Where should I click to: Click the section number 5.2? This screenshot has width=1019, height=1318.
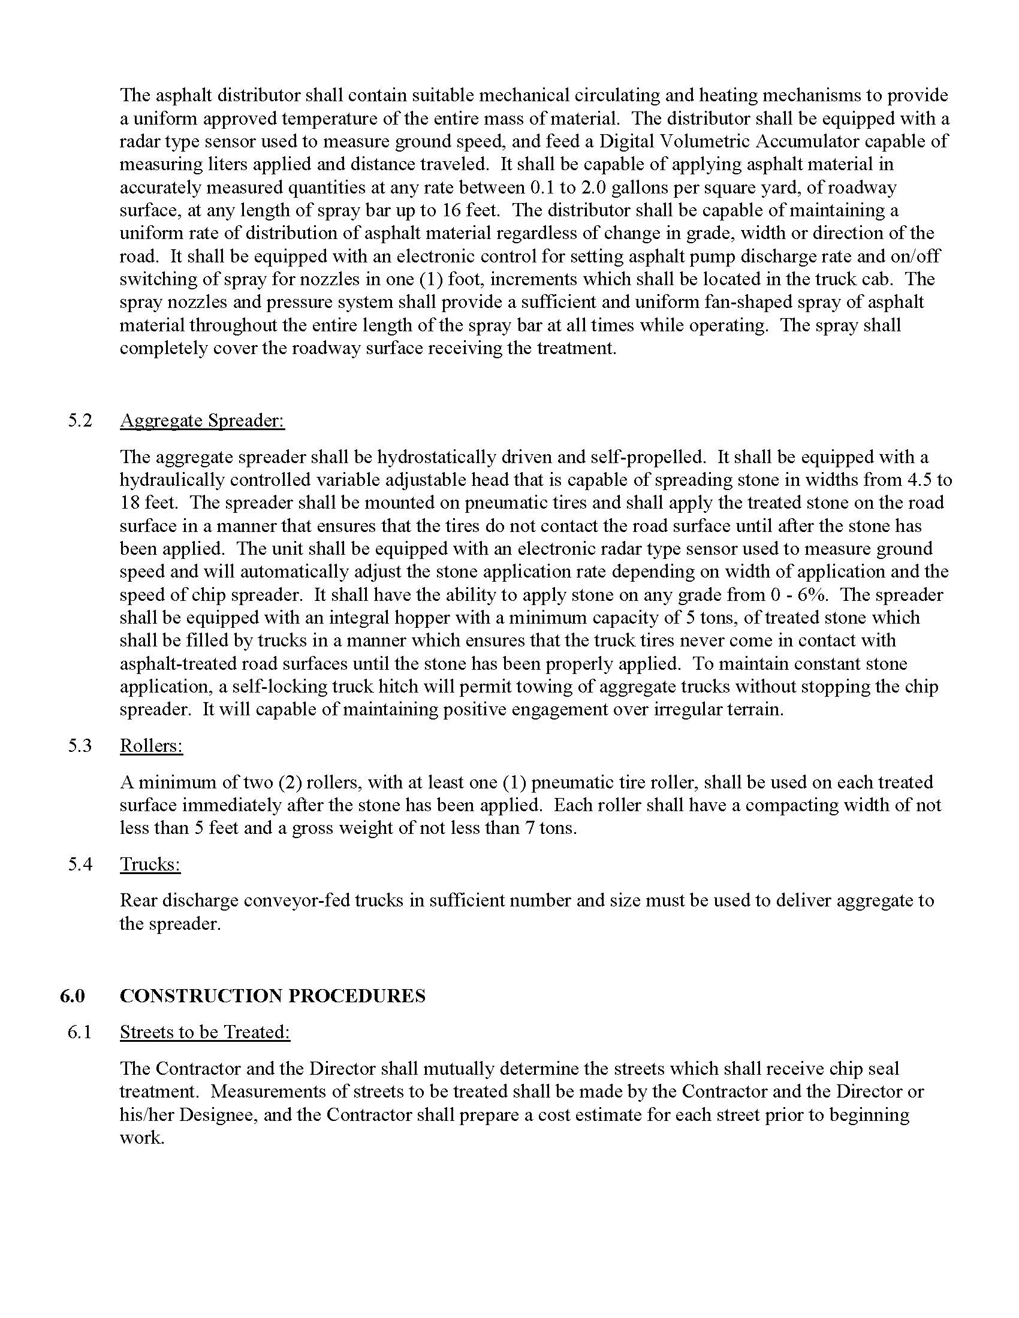click(80, 420)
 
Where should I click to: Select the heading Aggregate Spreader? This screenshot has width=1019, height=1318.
click(202, 420)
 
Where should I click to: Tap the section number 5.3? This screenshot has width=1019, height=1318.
click(80, 745)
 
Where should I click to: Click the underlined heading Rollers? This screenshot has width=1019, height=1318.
click(152, 745)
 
